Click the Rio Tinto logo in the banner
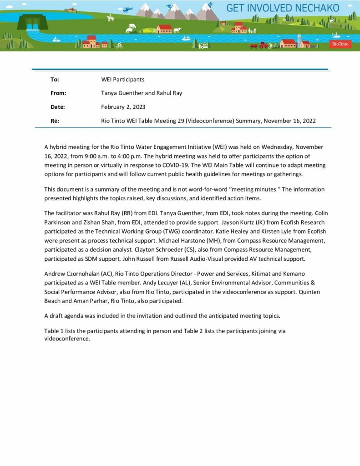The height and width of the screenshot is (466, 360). point(340,44)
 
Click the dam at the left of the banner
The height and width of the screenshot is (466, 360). point(32,21)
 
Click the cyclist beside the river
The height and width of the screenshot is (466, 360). point(119,45)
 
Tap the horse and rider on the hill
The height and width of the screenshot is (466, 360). point(109,18)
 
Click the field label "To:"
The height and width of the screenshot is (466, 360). point(55,79)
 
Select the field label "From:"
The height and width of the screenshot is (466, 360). point(58,93)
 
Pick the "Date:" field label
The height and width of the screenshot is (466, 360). point(58,107)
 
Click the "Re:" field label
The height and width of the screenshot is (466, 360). point(55,121)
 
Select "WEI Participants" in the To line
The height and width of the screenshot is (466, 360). point(122,79)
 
